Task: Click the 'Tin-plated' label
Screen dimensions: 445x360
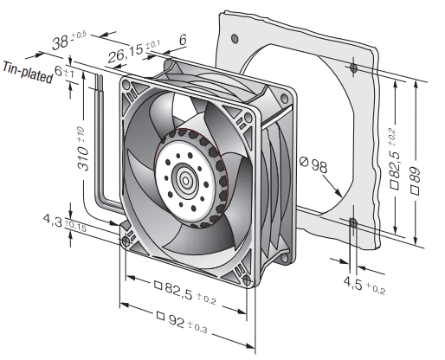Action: tap(28, 73)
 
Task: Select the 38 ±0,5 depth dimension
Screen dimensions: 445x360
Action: tap(69, 41)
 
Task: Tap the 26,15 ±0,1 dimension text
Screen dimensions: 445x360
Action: tap(134, 51)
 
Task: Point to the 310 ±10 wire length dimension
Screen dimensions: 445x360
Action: tap(82, 148)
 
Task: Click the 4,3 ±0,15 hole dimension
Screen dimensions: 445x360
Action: tap(65, 223)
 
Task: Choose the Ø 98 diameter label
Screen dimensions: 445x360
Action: tap(313, 164)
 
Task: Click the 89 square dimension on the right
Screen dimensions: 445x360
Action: tap(416, 181)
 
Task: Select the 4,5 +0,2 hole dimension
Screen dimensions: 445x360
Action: tap(364, 286)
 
